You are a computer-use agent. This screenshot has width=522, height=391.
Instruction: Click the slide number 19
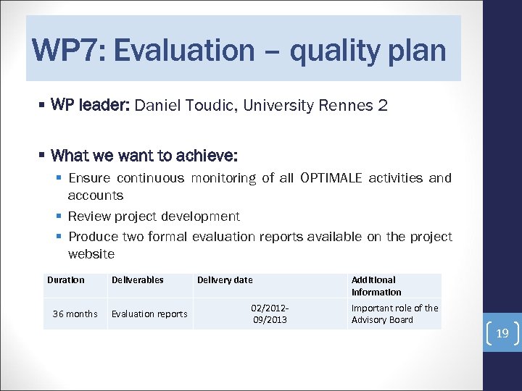pos(502,333)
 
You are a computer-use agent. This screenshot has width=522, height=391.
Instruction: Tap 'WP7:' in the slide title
pos(67,51)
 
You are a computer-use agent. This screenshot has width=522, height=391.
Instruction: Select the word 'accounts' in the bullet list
pos(95,195)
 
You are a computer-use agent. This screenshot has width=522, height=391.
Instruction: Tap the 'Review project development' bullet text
pos(154,216)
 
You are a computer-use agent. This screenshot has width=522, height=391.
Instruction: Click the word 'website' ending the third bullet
pos(91,254)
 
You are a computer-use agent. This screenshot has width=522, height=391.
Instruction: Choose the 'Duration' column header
pos(66,280)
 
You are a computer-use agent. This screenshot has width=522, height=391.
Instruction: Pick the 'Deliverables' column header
pos(137,280)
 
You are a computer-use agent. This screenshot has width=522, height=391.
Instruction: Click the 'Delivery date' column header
pos(225,280)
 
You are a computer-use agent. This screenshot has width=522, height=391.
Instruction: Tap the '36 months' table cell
pos(75,314)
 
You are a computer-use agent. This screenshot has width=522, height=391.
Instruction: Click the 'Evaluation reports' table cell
pos(149,314)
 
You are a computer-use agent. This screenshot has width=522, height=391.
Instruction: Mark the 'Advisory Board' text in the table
pos(382,320)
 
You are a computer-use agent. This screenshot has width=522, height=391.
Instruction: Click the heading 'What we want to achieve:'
pos(145,156)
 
